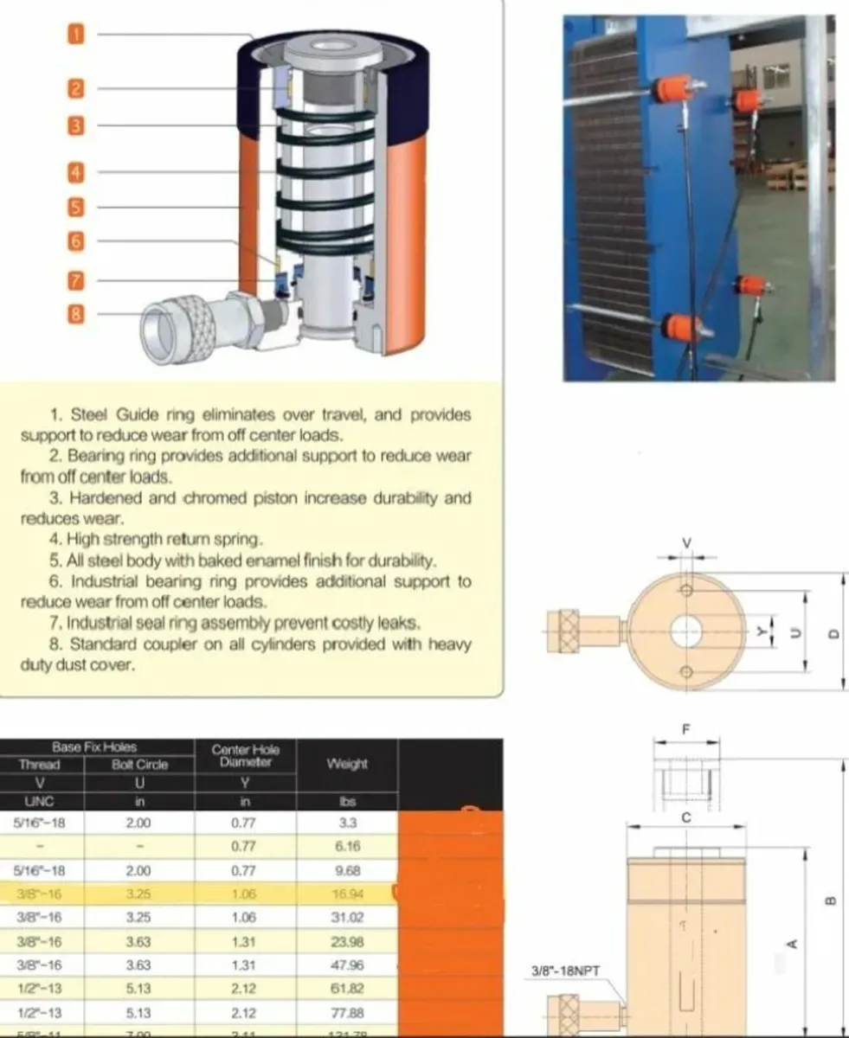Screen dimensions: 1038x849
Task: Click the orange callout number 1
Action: coord(76,34)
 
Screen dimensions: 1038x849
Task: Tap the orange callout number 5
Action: coord(76,207)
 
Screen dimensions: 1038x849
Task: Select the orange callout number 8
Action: coord(76,314)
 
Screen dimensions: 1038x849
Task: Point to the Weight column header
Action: coord(347,764)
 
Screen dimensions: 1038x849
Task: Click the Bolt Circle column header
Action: coord(139,765)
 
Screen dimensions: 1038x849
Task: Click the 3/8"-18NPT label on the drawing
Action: coord(564,971)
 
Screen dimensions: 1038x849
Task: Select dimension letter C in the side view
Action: coord(685,817)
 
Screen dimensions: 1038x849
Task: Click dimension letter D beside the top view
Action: coord(834,633)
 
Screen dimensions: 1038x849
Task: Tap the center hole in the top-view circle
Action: coord(685,631)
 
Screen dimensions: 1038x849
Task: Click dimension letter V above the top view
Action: coord(687,543)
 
